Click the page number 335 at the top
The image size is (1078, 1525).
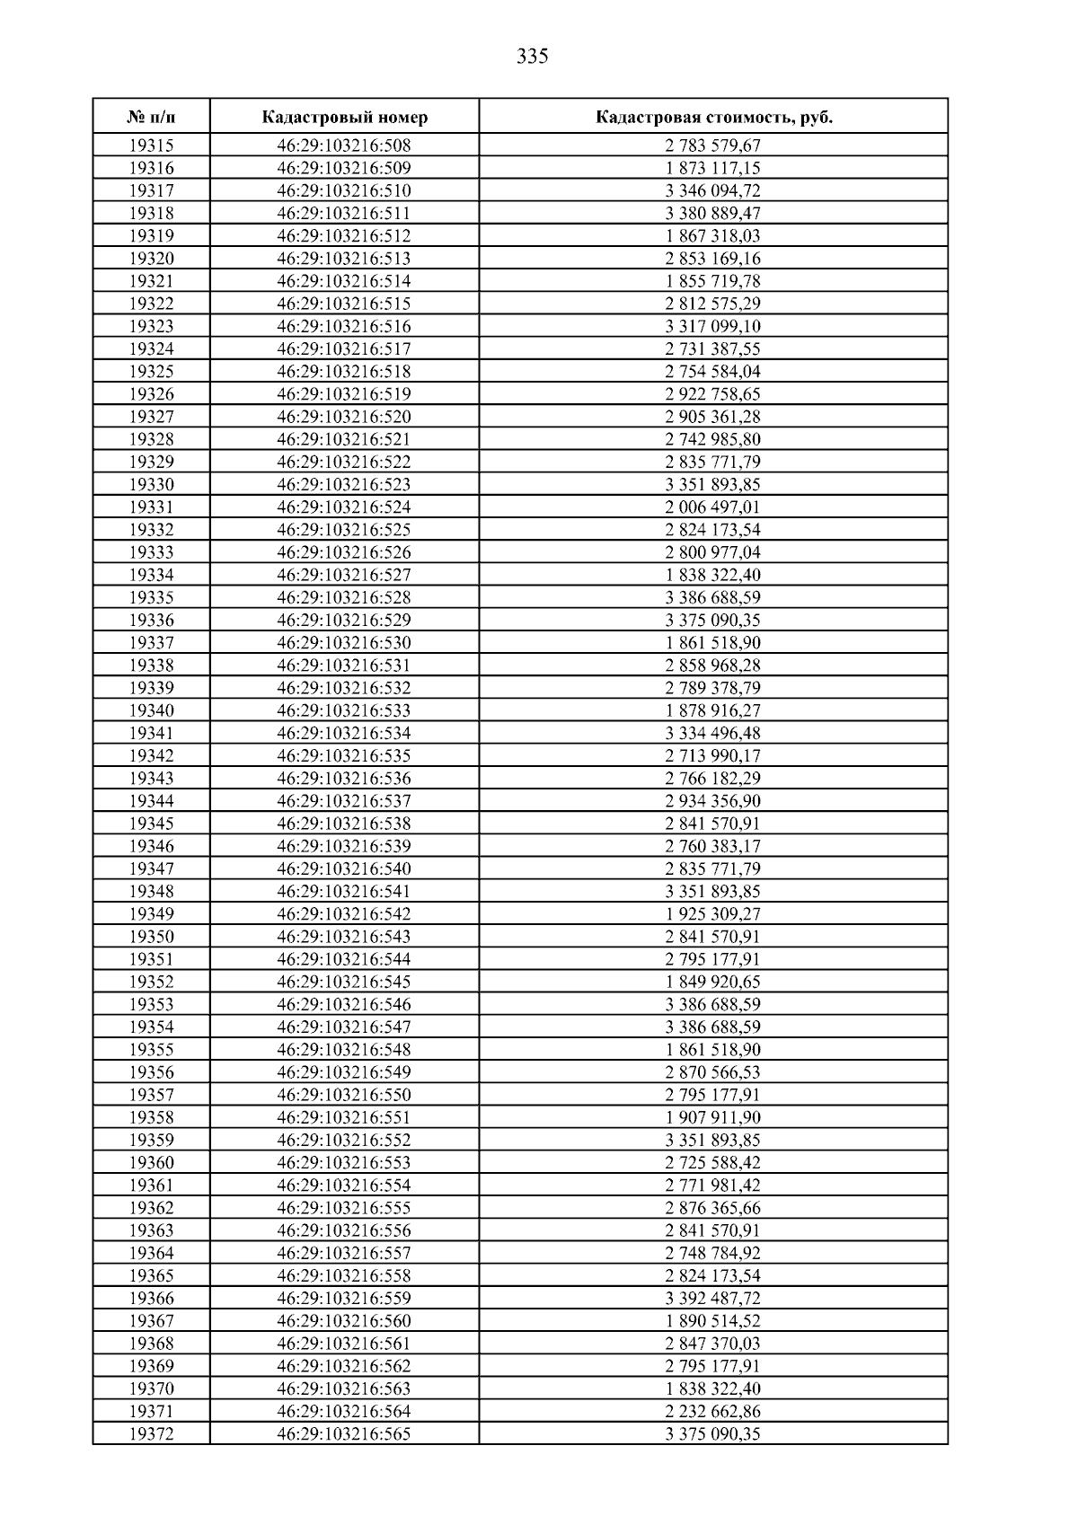point(533,57)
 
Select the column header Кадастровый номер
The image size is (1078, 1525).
point(345,118)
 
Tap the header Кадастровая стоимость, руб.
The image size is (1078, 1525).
point(713,118)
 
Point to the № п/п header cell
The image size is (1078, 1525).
point(151,118)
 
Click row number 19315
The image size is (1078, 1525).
point(151,145)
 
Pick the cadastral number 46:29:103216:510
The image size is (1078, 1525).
point(344,190)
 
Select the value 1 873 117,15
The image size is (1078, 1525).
point(713,168)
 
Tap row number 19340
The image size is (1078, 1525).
point(151,710)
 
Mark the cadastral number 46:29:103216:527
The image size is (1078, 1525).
point(344,575)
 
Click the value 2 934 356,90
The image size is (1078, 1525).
point(713,801)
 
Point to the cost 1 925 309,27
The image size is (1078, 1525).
point(713,914)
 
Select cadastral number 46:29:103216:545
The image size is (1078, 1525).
point(344,982)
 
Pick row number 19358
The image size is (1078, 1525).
point(151,1117)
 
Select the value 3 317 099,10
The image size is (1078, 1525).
point(713,326)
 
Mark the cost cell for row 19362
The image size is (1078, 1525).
point(713,1208)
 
